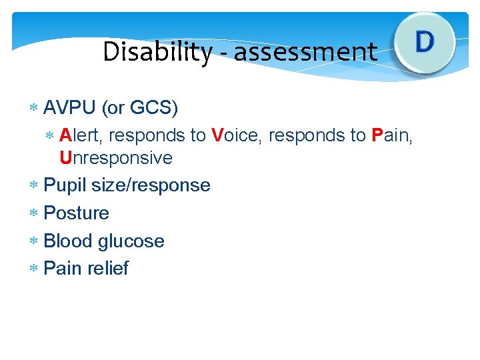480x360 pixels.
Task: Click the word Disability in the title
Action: pos(157,52)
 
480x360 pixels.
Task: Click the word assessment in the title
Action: pos(305,52)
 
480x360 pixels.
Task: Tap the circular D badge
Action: pos(425,42)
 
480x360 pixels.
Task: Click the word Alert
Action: pos(81,135)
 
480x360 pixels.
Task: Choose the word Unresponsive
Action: pos(116,158)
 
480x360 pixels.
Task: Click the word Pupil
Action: pos(65,185)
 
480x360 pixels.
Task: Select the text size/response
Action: pos(151,185)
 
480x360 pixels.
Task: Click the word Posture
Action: pos(76,213)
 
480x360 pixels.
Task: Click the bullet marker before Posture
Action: pos(33,213)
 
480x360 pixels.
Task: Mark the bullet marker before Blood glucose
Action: pos(33,241)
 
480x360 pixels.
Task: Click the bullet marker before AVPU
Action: pos(33,108)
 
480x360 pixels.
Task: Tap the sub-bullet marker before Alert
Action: pos(49,136)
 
